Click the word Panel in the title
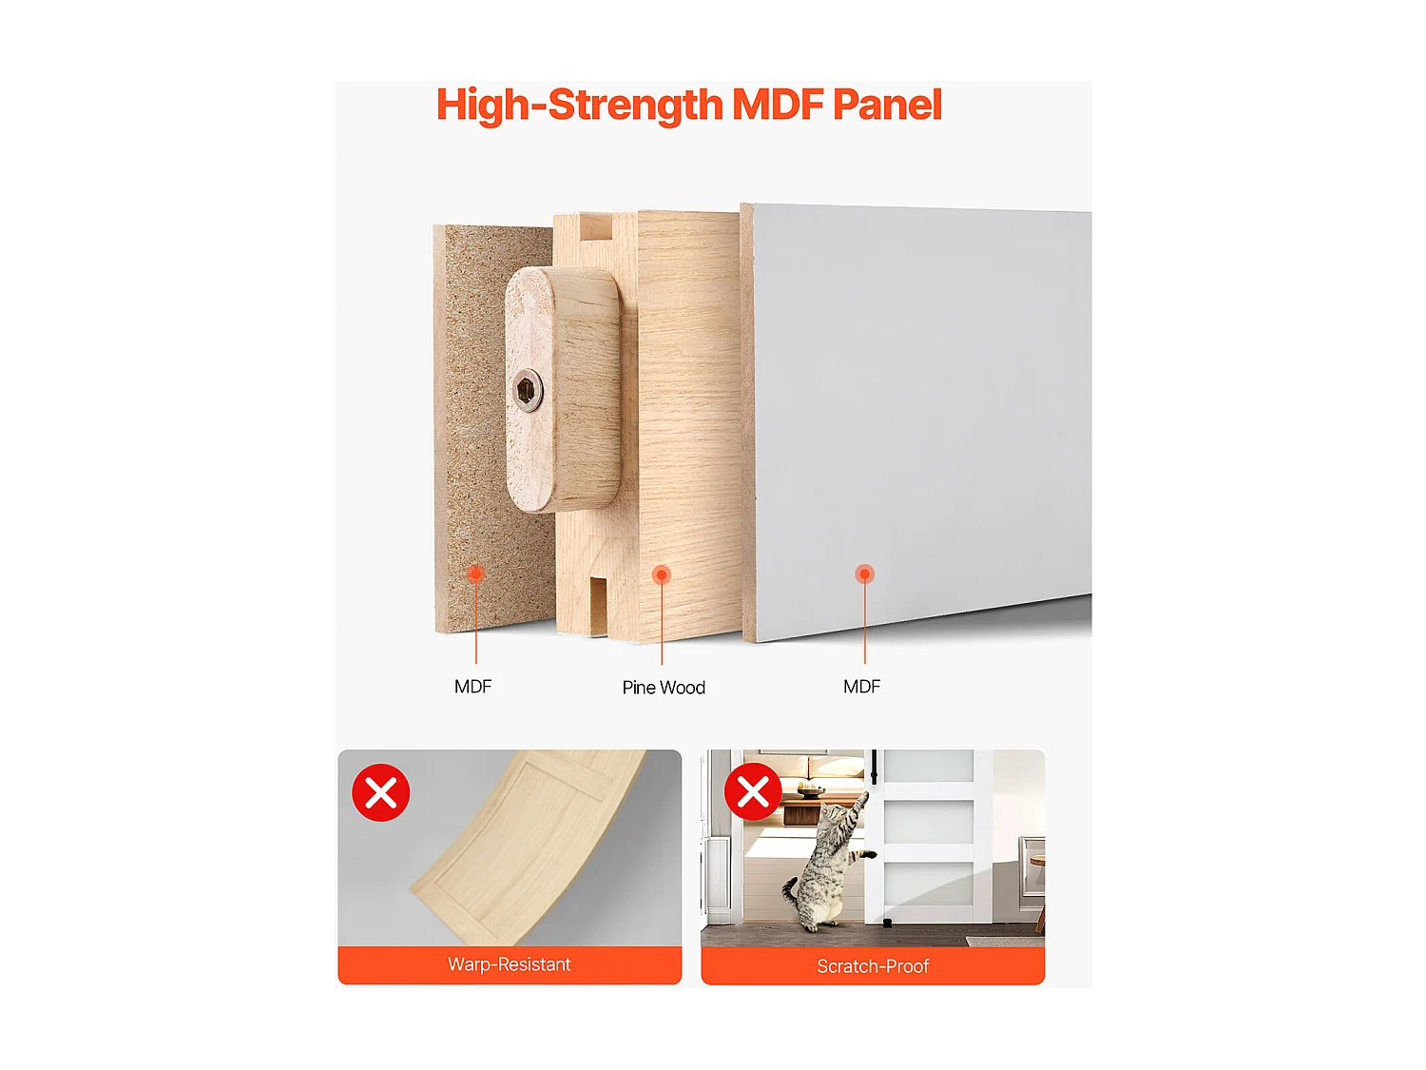(887, 105)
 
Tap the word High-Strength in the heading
(579, 106)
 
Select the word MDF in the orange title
(777, 105)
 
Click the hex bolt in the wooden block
(528, 390)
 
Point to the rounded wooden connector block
(563, 390)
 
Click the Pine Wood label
(664, 688)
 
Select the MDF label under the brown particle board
(472, 687)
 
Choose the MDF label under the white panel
(861, 687)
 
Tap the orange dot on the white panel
(864, 574)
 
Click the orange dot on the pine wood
(662, 574)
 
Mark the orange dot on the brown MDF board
(476, 573)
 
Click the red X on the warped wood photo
(381, 792)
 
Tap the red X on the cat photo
(753, 791)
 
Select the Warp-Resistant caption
(510, 964)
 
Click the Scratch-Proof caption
(873, 966)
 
